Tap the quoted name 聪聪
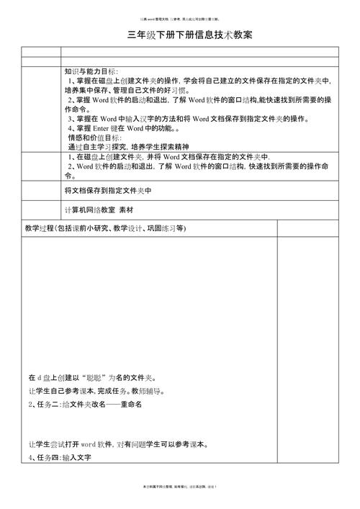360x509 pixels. pos(96,377)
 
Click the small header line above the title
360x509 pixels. pos(179,12)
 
